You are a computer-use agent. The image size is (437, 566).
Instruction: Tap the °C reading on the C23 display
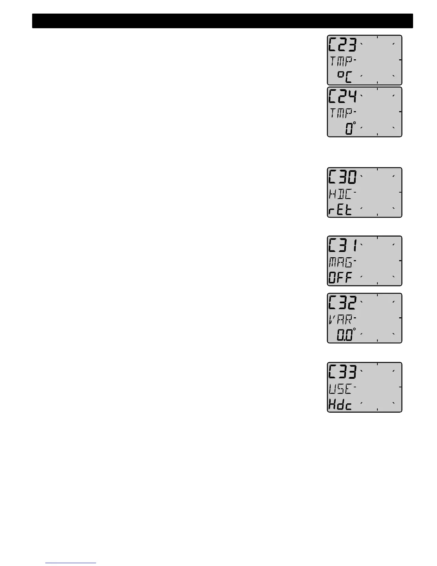click(345, 76)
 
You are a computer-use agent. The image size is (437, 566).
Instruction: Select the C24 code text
click(342, 96)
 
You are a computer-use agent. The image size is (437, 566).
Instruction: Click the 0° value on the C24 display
click(350, 128)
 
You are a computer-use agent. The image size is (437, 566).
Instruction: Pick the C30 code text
click(342, 177)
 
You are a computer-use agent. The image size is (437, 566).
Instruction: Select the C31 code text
click(342, 245)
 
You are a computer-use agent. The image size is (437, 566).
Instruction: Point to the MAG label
click(340, 263)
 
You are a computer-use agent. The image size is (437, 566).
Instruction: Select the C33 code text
click(342, 372)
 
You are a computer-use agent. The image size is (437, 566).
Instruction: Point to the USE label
click(340, 389)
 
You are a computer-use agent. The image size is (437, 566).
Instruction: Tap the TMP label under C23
click(341, 61)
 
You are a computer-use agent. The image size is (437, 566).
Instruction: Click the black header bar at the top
click(222, 21)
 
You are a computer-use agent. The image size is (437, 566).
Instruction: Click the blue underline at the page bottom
click(71, 563)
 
